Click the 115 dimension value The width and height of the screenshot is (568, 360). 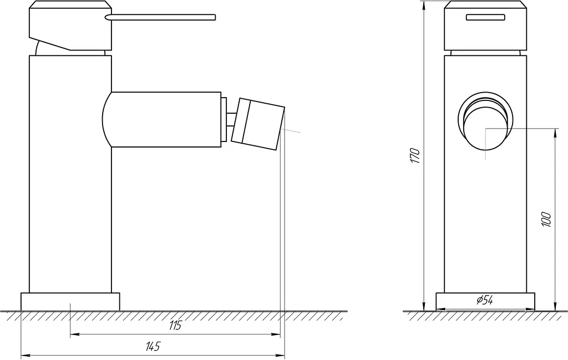pyautogui.click(x=175, y=325)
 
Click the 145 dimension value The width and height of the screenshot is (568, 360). pyautogui.click(x=153, y=347)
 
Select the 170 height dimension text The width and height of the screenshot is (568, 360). pyautogui.click(x=415, y=156)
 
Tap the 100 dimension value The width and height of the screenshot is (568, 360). pyautogui.click(x=546, y=220)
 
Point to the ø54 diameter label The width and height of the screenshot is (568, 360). pyautogui.click(x=485, y=300)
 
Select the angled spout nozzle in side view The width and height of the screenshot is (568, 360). pyautogui.click(x=258, y=124)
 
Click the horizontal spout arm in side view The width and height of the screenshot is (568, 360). pyautogui.click(x=161, y=119)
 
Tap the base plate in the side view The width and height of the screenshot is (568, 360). pyautogui.click(x=70, y=302)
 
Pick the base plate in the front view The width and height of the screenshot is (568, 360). pyautogui.click(x=485, y=302)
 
